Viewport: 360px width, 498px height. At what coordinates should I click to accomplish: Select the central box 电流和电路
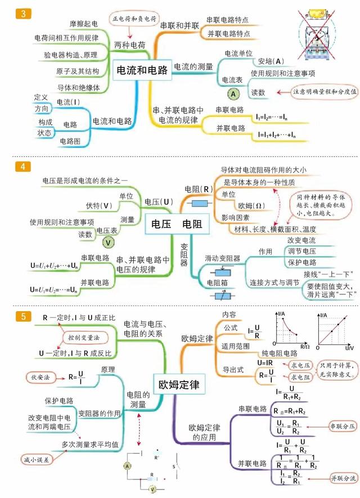coord(142,70)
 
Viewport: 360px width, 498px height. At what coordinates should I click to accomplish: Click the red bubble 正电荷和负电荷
coord(135,19)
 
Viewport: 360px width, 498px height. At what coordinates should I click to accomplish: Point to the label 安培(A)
coord(271,61)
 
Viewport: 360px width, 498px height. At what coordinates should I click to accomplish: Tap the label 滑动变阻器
coord(222,258)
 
